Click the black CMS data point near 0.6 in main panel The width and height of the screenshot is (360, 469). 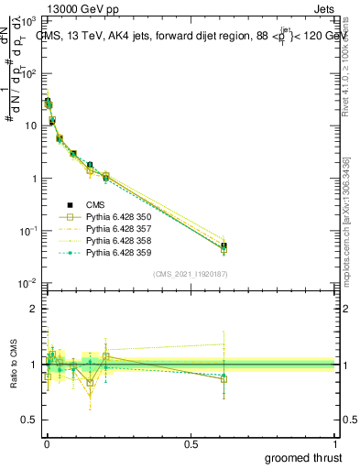[x=224, y=245]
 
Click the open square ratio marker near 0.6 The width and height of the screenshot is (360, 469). [x=224, y=378]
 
